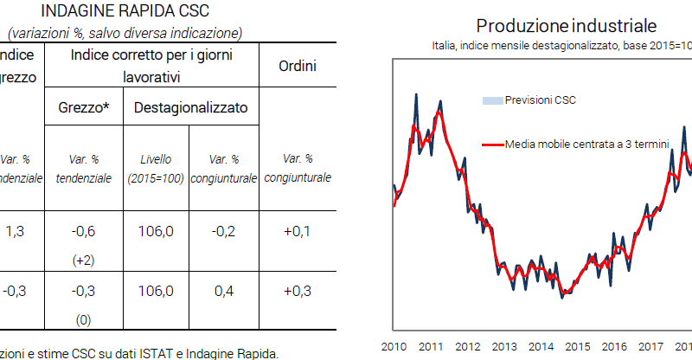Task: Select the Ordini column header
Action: coord(298,66)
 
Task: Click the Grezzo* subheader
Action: coord(84,108)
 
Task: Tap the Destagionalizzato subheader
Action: coord(190,108)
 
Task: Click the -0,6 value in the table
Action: coord(84,231)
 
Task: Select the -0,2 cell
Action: coord(223,231)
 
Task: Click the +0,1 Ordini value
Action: coord(298,231)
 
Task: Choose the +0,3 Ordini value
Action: coord(298,291)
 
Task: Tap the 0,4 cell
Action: coord(223,291)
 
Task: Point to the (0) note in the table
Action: coord(84,320)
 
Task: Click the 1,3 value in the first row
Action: coord(15,231)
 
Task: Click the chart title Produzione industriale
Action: coord(566,24)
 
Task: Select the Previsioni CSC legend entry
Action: coord(540,100)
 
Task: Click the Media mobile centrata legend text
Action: coord(586,145)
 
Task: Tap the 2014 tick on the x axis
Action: coord(541,347)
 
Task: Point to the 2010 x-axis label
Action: coord(394,347)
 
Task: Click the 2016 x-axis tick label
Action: coord(614,347)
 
